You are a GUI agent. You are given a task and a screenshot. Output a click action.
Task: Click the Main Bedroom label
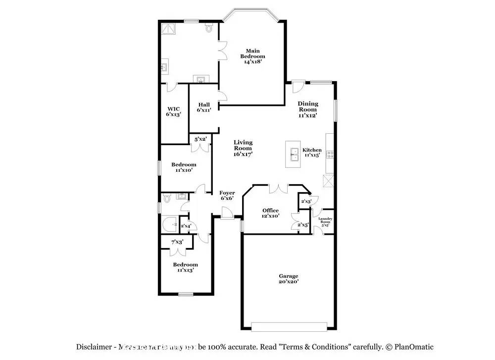click(x=253, y=53)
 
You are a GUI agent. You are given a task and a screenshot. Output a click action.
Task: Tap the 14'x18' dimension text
click(x=253, y=62)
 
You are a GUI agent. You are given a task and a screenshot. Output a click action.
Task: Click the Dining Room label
click(x=308, y=106)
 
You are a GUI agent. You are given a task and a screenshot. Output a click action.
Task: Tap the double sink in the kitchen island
click(x=294, y=155)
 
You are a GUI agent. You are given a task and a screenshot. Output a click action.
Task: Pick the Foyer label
click(x=227, y=195)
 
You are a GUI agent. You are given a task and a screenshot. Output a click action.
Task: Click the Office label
click(x=270, y=210)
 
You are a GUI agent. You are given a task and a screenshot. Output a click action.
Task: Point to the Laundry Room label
click(x=325, y=221)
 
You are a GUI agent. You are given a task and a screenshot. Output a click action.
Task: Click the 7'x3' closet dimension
click(x=177, y=242)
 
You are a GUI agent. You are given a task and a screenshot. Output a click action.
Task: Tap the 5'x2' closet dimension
click(x=200, y=139)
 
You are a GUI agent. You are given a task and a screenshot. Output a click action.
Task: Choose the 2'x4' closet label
click(x=186, y=226)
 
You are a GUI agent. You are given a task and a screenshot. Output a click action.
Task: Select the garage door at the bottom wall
click(x=289, y=327)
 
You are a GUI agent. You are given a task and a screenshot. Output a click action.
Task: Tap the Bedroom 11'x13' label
click(x=186, y=267)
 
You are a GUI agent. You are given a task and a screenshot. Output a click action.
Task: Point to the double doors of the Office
click(x=278, y=189)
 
